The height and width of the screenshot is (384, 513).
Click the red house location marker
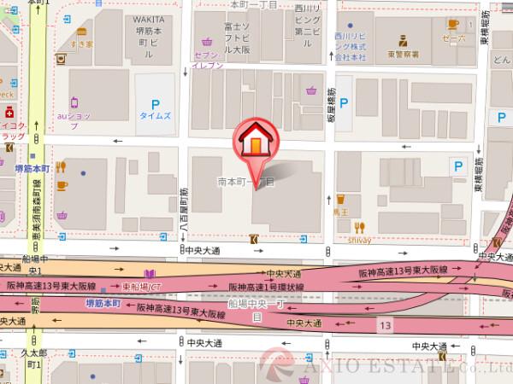(x=254, y=143)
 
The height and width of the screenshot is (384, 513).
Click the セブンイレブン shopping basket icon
(x=208, y=40)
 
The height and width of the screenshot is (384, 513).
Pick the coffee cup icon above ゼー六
(x=452, y=24)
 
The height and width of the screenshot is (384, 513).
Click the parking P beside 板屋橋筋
(x=345, y=104)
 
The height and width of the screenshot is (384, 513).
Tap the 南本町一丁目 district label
(x=245, y=182)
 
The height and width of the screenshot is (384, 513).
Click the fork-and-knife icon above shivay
(x=359, y=227)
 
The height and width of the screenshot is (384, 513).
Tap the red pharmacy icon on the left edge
(x=9, y=112)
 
